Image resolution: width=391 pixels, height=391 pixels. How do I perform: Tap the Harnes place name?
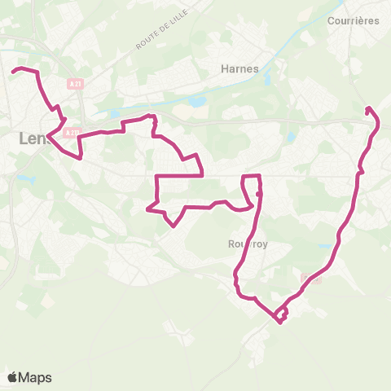click(x=239, y=68)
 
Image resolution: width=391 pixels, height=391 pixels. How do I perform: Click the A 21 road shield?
click(x=76, y=84)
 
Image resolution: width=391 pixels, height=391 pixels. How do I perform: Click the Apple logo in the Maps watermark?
click(x=12, y=377)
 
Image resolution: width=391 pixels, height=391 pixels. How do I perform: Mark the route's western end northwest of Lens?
click(x=13, y=72)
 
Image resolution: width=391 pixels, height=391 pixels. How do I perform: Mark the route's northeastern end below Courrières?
click(x=368, y=108)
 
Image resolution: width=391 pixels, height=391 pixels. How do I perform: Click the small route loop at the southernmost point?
click(x=281, y=314)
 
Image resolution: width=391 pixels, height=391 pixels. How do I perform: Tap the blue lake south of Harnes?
click(x=196, y=102)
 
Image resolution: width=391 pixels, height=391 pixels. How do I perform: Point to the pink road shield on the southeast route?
click(x=311, y=279)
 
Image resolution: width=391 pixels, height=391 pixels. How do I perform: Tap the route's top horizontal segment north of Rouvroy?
click(x=251, y=175)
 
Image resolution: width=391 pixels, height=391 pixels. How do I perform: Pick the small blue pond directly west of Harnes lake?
click(x=113, y=114)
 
